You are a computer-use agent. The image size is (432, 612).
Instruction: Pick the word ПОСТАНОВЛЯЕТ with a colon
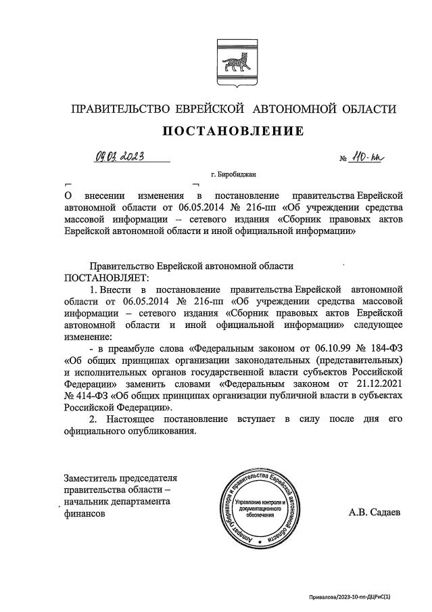point(105,277)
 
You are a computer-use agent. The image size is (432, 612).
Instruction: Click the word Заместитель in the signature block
point(94,477)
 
